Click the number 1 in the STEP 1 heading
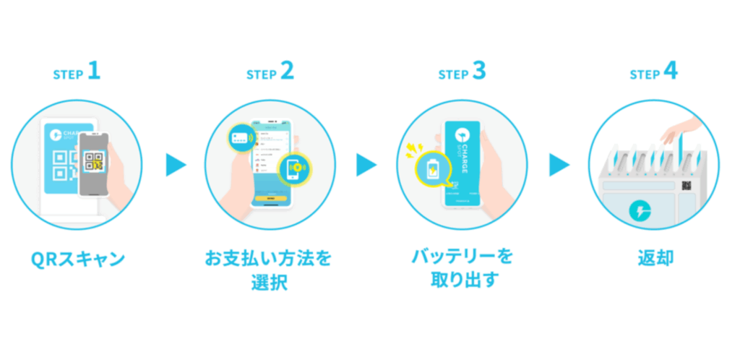(x=94, y=72)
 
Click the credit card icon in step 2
(x=238, y=135)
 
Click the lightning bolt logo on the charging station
(x=640, y=210)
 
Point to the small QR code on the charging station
(x=686, y=187)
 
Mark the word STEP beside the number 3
(x=453, y=74)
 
